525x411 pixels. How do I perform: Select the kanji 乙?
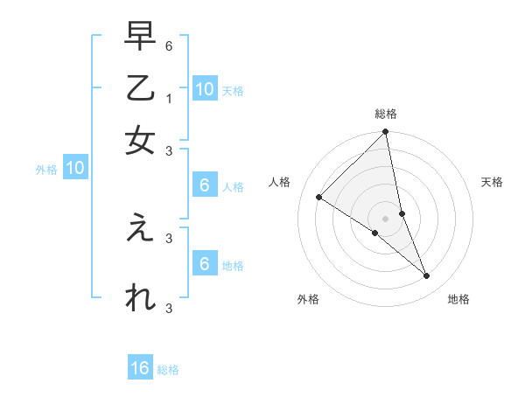[140, 91]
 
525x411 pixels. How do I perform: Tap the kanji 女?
[140, 142]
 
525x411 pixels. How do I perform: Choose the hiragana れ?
[140, 298]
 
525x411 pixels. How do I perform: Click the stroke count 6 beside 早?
[169, 45]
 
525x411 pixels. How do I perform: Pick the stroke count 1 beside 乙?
[169, 99]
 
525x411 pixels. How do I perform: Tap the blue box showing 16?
[140, 368]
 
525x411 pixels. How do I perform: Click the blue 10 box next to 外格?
[75, 169]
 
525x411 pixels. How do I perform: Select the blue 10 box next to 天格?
[204, 88]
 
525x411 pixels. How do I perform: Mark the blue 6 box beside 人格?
[204, 185]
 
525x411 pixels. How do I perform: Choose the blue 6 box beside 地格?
[204, 263]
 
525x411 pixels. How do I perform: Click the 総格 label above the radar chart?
[386, 114]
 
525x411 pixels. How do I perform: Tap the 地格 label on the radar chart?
[458, 300]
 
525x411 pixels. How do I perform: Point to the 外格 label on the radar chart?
[308, 300]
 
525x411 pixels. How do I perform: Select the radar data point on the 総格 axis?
[386, 133]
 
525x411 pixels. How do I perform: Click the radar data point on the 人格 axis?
[318, 198]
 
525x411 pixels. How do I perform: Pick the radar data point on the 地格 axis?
[427, 276]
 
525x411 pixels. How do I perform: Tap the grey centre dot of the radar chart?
[386, 218]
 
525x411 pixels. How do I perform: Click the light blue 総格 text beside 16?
[168, 370]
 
